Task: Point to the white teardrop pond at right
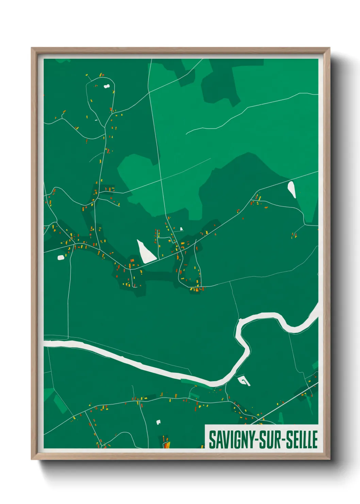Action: click(x=292, y=189)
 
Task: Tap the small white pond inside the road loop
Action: click(x=107, y=86)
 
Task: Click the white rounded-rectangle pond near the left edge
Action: click(x=61, y=257)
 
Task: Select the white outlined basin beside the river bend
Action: click(x=244, y=381)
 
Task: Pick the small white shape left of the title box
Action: click(x=158, y=422)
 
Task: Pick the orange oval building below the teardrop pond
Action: click(x=266, y=207)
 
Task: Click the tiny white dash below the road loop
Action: click(x=96, y=120)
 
